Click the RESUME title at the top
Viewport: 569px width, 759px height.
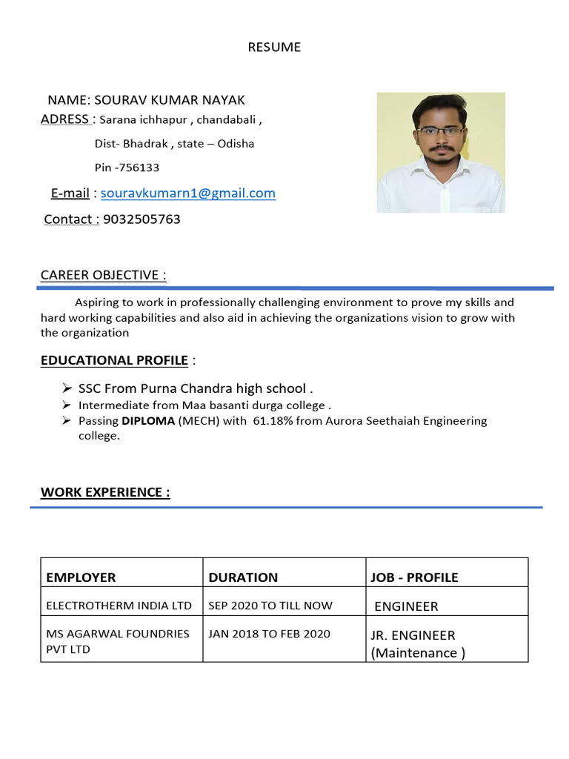point(274,47)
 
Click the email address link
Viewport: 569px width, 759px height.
point(188,193)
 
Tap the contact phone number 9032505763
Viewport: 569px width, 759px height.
point(142,219)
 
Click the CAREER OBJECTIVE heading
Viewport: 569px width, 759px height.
point(103,275)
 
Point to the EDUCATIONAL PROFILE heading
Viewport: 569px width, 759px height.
point(114,361)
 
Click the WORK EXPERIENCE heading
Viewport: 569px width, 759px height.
point(105,492)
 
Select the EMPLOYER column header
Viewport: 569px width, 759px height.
point(81,577)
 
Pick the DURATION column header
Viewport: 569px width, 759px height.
point(243,577)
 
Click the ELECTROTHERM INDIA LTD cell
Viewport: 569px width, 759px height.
point(119,606)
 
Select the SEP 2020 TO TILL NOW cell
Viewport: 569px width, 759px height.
point(270,606)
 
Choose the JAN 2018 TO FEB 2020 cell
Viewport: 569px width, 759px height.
point(269,634)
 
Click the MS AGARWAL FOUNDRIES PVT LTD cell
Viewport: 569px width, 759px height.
point(118,641)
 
